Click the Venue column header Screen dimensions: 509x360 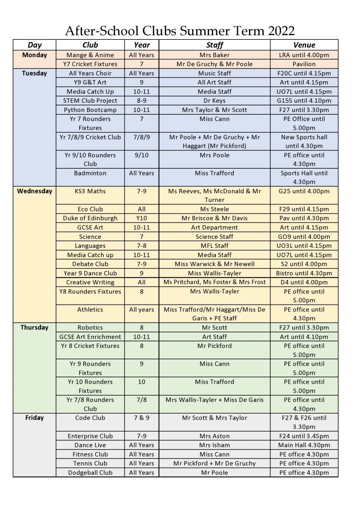coord(304,45)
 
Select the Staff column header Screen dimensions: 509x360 coord(214,45)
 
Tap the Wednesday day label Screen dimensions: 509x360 coord(34,191)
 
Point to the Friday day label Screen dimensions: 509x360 coord(34,418)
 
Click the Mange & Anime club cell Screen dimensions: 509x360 coord(90,55)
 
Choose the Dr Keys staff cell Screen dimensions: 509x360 coord(214,101)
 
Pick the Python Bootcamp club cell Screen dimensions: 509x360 coord(90,110)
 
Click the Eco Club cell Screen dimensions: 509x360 coord(90,209)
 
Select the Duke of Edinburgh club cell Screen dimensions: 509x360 coord(90,218)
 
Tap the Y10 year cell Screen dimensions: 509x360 coord(142,218)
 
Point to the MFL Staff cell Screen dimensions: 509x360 coord(214,246)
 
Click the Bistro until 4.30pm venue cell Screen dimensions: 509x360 coord(304,273)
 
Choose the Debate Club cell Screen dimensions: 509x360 coord(90,264)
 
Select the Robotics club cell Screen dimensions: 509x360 coord(90,328)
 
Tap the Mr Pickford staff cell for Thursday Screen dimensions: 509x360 coord(214,346)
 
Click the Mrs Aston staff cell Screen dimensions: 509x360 coord(214,436)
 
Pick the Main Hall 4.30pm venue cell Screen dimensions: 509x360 coord(304,445)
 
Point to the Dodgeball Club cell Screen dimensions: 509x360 coord(90,473)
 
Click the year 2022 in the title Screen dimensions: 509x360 coord(281,31)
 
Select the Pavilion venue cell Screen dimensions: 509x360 coord(304,64)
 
